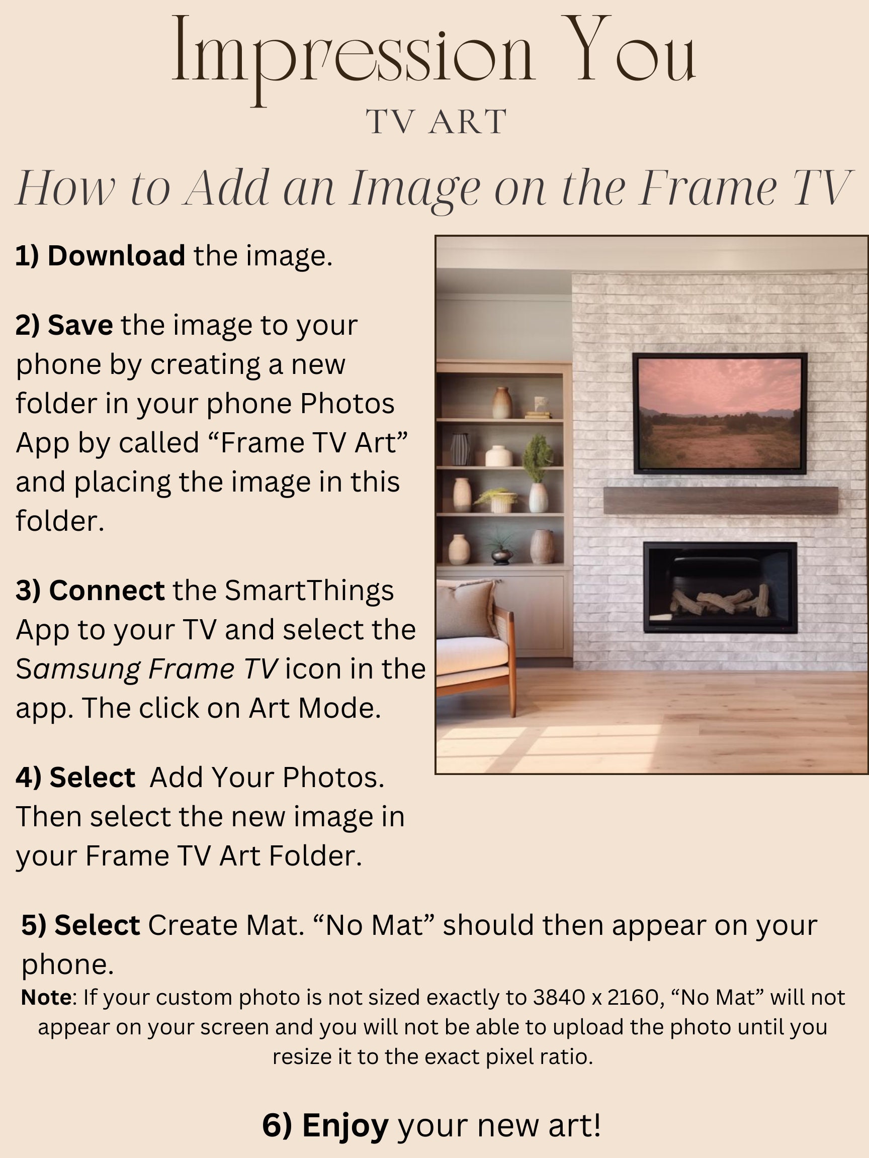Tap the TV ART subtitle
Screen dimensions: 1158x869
(x=436, y=122)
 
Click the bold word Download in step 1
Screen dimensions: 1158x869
(x=116, y=255)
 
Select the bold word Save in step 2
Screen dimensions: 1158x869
(x=80, y=325)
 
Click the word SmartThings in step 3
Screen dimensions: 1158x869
(x=309, y=590)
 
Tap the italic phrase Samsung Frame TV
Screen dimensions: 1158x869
(x=147, y=668)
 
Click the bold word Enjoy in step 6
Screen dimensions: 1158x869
(x=345, y=1125)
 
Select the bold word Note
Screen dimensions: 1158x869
(x=46, y=997)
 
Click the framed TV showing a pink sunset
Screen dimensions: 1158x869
(x=720, y=414)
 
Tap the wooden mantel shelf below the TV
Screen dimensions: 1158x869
(x=720, y=500)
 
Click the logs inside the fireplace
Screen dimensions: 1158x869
(x=720, y=602)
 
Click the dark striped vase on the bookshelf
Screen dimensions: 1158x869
(x=460, y=449)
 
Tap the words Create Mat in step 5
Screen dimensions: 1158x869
(x=225, y=925)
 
